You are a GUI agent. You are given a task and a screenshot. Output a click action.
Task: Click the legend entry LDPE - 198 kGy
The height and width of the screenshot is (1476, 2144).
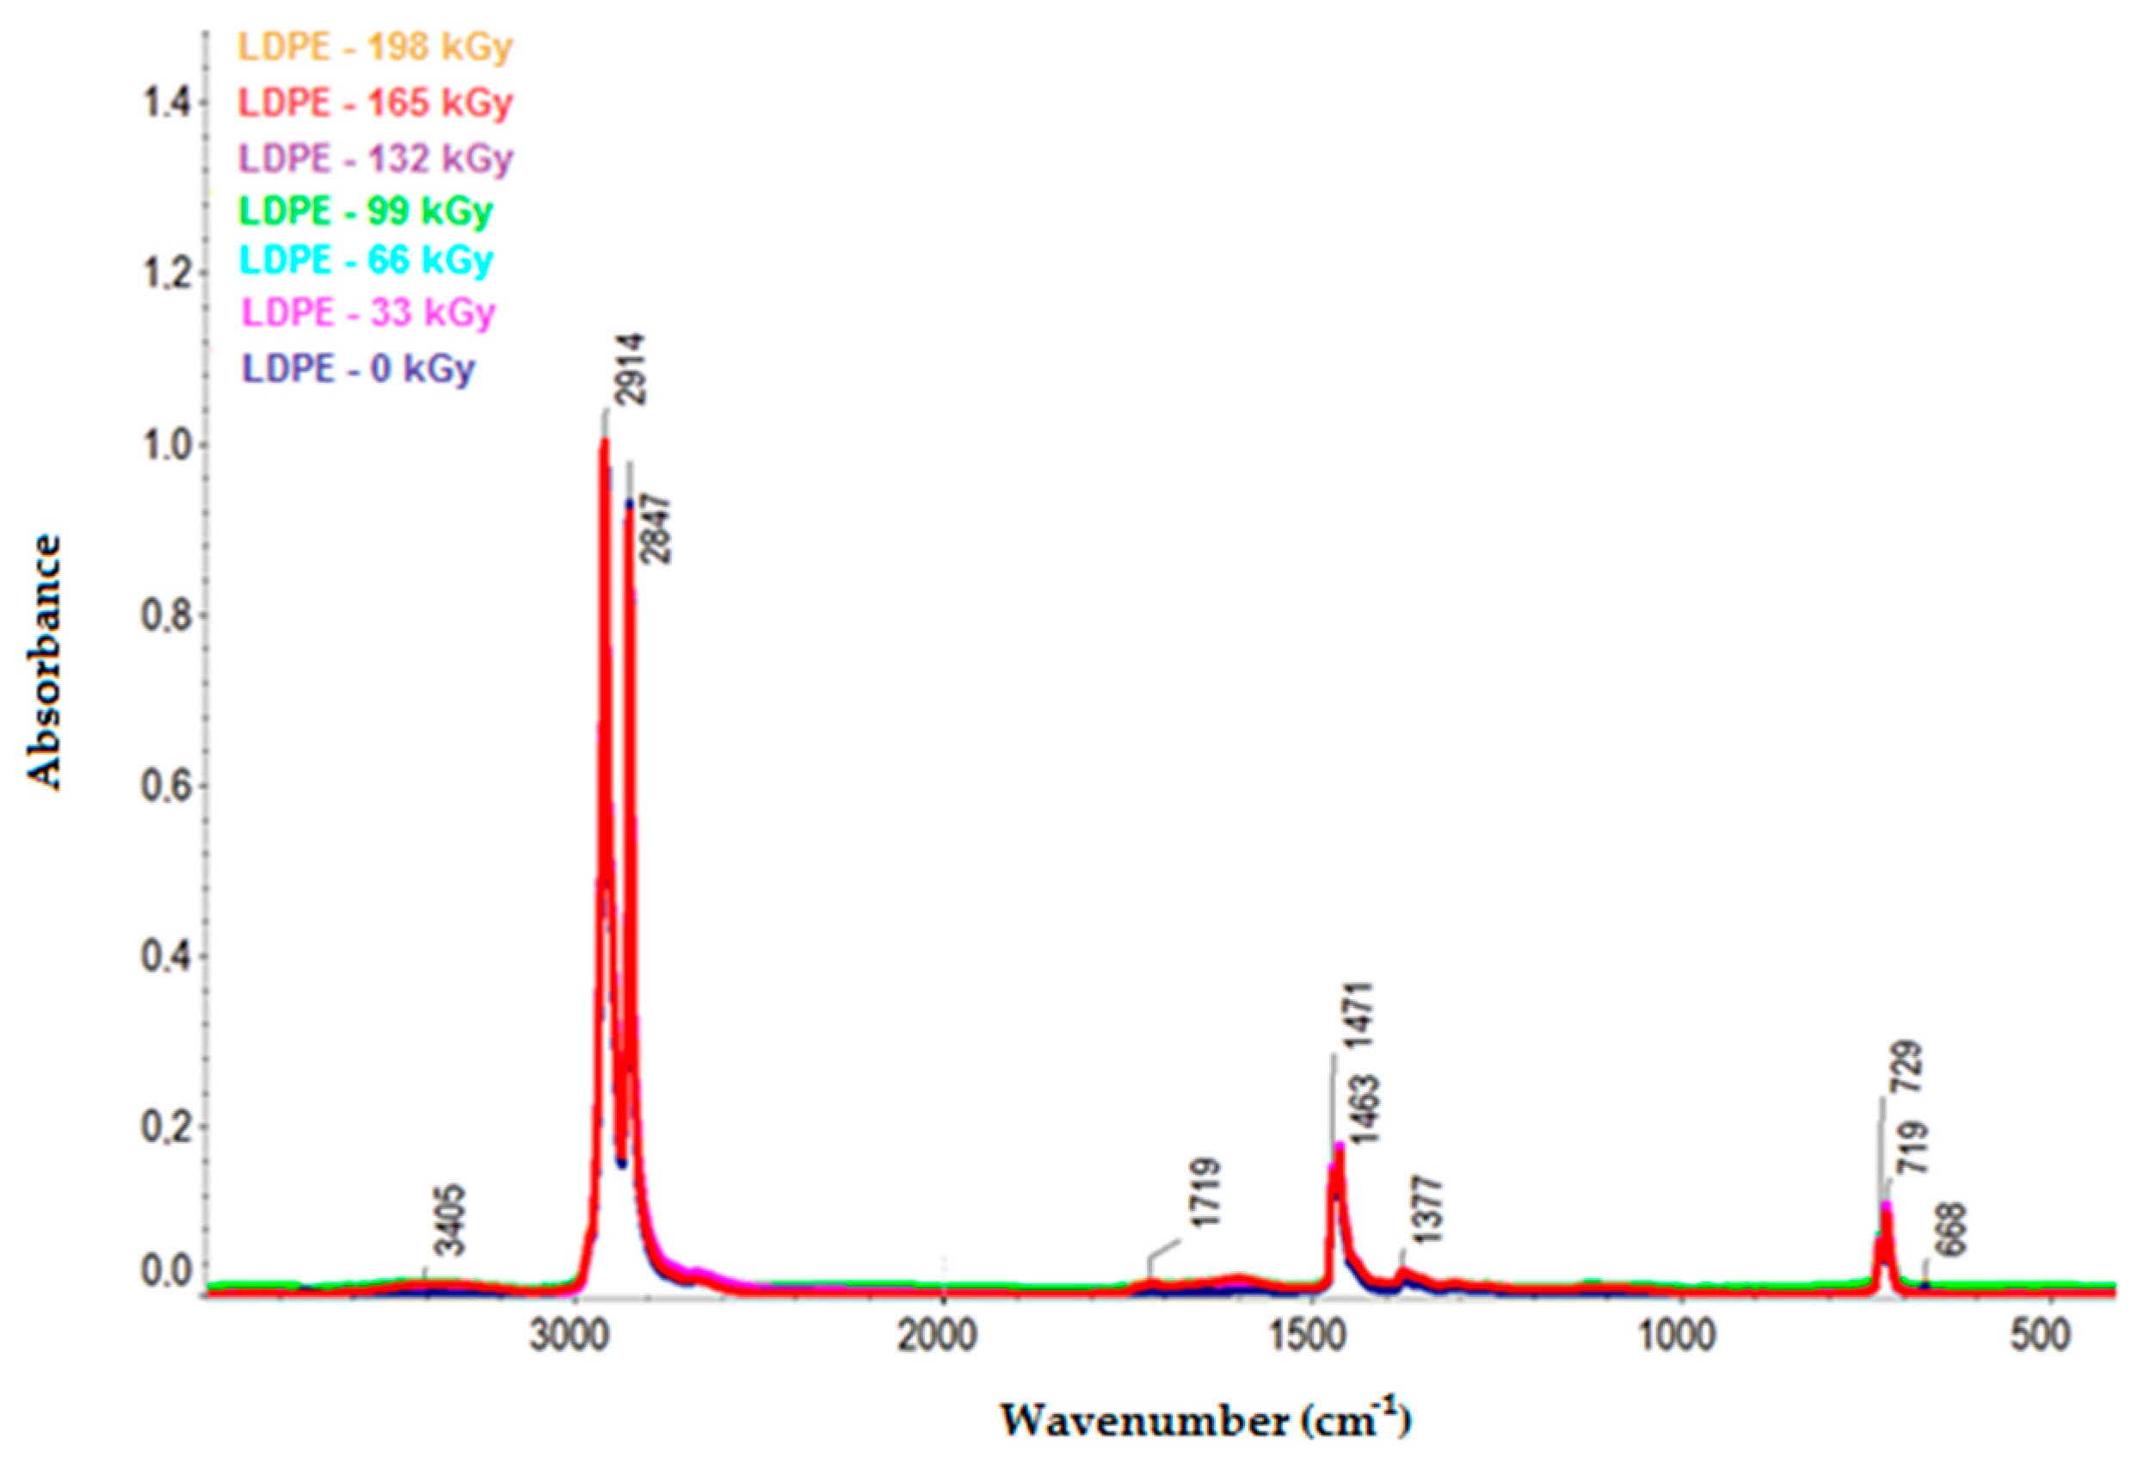(x=374, y=46)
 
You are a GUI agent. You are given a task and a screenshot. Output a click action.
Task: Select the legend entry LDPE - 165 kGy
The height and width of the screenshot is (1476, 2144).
(x=374, y=102)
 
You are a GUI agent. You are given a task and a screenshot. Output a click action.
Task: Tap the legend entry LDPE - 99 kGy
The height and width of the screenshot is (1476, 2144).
(x=365, y=211)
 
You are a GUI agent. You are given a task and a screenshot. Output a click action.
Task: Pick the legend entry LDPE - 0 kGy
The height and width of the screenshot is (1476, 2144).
(x=358, y=368)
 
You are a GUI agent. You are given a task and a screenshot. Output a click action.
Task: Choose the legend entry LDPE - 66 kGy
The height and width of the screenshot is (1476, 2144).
(x=365, y=260)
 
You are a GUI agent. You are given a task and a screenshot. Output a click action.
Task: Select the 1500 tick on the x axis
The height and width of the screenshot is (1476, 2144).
(x=1314, y=1337)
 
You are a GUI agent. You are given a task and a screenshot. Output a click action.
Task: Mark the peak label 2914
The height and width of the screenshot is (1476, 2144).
(x=631, y=370)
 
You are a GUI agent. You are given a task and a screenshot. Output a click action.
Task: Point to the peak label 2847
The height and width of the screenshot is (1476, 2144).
(x=657, y=529)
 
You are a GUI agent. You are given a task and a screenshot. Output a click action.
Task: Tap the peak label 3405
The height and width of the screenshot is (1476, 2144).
(x=452, y=1220)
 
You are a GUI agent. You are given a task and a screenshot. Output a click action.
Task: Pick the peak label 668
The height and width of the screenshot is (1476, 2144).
(x=1950, y=1230)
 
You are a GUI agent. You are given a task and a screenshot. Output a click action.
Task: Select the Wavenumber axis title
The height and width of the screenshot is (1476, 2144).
(x=1205, y=1419)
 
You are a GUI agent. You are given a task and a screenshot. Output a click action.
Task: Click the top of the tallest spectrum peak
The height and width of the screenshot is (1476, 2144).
(x=605, y=444)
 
